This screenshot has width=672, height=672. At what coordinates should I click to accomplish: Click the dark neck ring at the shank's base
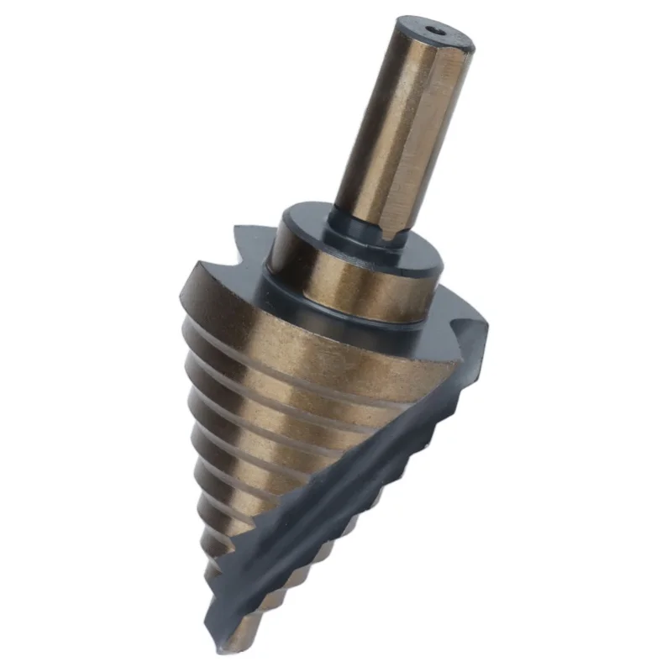click(370, 231)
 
